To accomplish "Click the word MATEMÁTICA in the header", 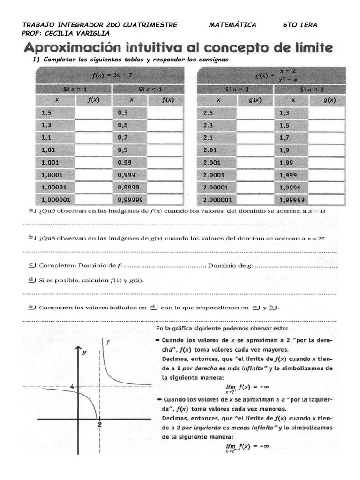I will coord(232,25).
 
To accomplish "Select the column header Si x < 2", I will coord(309,88).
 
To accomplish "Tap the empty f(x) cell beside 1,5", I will coord(93,112).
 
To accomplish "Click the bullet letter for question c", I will coord(32,265).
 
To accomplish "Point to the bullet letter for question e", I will coord(32,307).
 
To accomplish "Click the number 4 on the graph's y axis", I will coord(72,387).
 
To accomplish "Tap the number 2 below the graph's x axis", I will coord(100,424).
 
